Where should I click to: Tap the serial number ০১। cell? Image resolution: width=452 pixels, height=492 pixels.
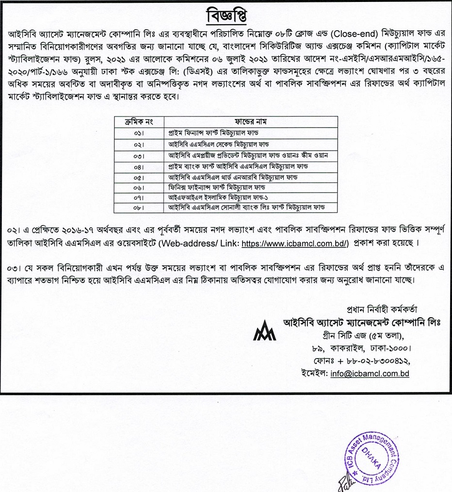click(x=139, y=132)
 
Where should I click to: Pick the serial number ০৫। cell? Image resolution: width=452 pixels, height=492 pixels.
click(x=139, y=177)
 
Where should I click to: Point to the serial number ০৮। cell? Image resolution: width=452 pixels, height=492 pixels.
click(x=139, y=208)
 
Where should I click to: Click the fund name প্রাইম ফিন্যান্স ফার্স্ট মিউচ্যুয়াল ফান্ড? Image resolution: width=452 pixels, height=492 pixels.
click(x=224, y=132)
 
